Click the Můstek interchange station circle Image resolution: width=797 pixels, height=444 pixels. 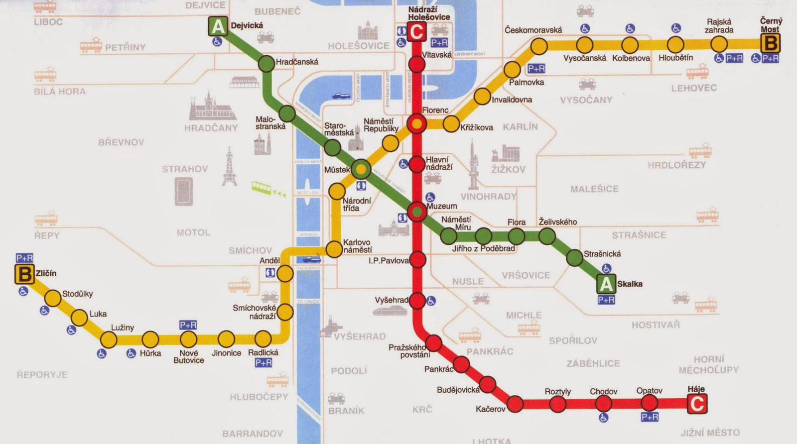[x=361, y=170]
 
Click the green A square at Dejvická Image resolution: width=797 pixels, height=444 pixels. [x=218, y=26]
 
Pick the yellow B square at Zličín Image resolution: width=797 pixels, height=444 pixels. [x=24, y=274]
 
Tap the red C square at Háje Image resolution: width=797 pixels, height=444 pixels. [x=696, y=404]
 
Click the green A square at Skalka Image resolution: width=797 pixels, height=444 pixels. [x=606, y=284]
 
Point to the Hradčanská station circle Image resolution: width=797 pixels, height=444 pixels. [x=267, y=63]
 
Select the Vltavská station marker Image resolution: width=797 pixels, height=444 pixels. [x=417, y=64]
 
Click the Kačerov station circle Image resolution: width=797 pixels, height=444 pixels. [x=515, y=403]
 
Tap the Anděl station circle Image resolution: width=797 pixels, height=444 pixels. [x=285, y=273]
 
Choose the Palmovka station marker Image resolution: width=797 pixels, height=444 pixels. [x=512, y=70]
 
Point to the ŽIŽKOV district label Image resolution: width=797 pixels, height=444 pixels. [x=508, y=169]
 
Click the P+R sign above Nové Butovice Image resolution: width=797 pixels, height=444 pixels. [x=188, y=325]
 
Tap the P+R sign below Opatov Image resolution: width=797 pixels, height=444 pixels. [x=650, y=417]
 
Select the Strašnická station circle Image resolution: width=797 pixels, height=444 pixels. [x=574, y=257]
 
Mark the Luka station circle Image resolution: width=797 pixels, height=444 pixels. [x=79, y=317]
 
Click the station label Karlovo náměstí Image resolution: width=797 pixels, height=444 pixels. [x=357, y=246]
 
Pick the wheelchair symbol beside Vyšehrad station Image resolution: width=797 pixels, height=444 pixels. [x=431, y=301]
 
